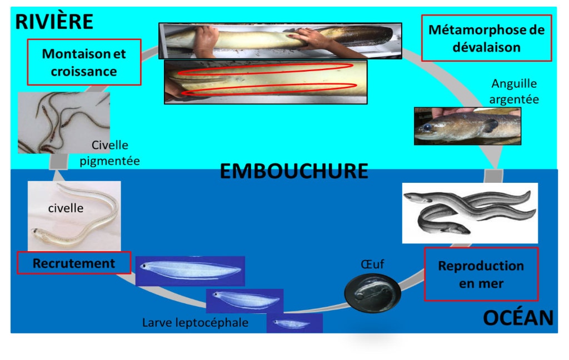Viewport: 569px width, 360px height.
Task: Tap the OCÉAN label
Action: (518, 318)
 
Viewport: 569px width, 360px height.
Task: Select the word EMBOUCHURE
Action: (294, 171)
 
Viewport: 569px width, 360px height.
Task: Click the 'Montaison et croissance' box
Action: (84, 62)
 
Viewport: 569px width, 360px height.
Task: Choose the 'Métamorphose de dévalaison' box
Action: (486, 38)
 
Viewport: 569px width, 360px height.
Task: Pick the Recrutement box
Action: (74, 263)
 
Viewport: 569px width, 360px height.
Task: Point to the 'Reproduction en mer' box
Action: (481, 274)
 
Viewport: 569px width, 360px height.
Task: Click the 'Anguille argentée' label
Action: (514, 91)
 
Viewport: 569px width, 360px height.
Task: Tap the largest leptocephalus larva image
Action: (190, 271)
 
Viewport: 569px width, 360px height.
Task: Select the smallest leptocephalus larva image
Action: (294, 323)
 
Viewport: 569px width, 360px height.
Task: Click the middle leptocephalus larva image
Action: (244, 301)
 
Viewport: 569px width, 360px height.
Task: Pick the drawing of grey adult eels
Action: (470, 213)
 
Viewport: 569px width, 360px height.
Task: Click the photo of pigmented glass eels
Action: (63, 123)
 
